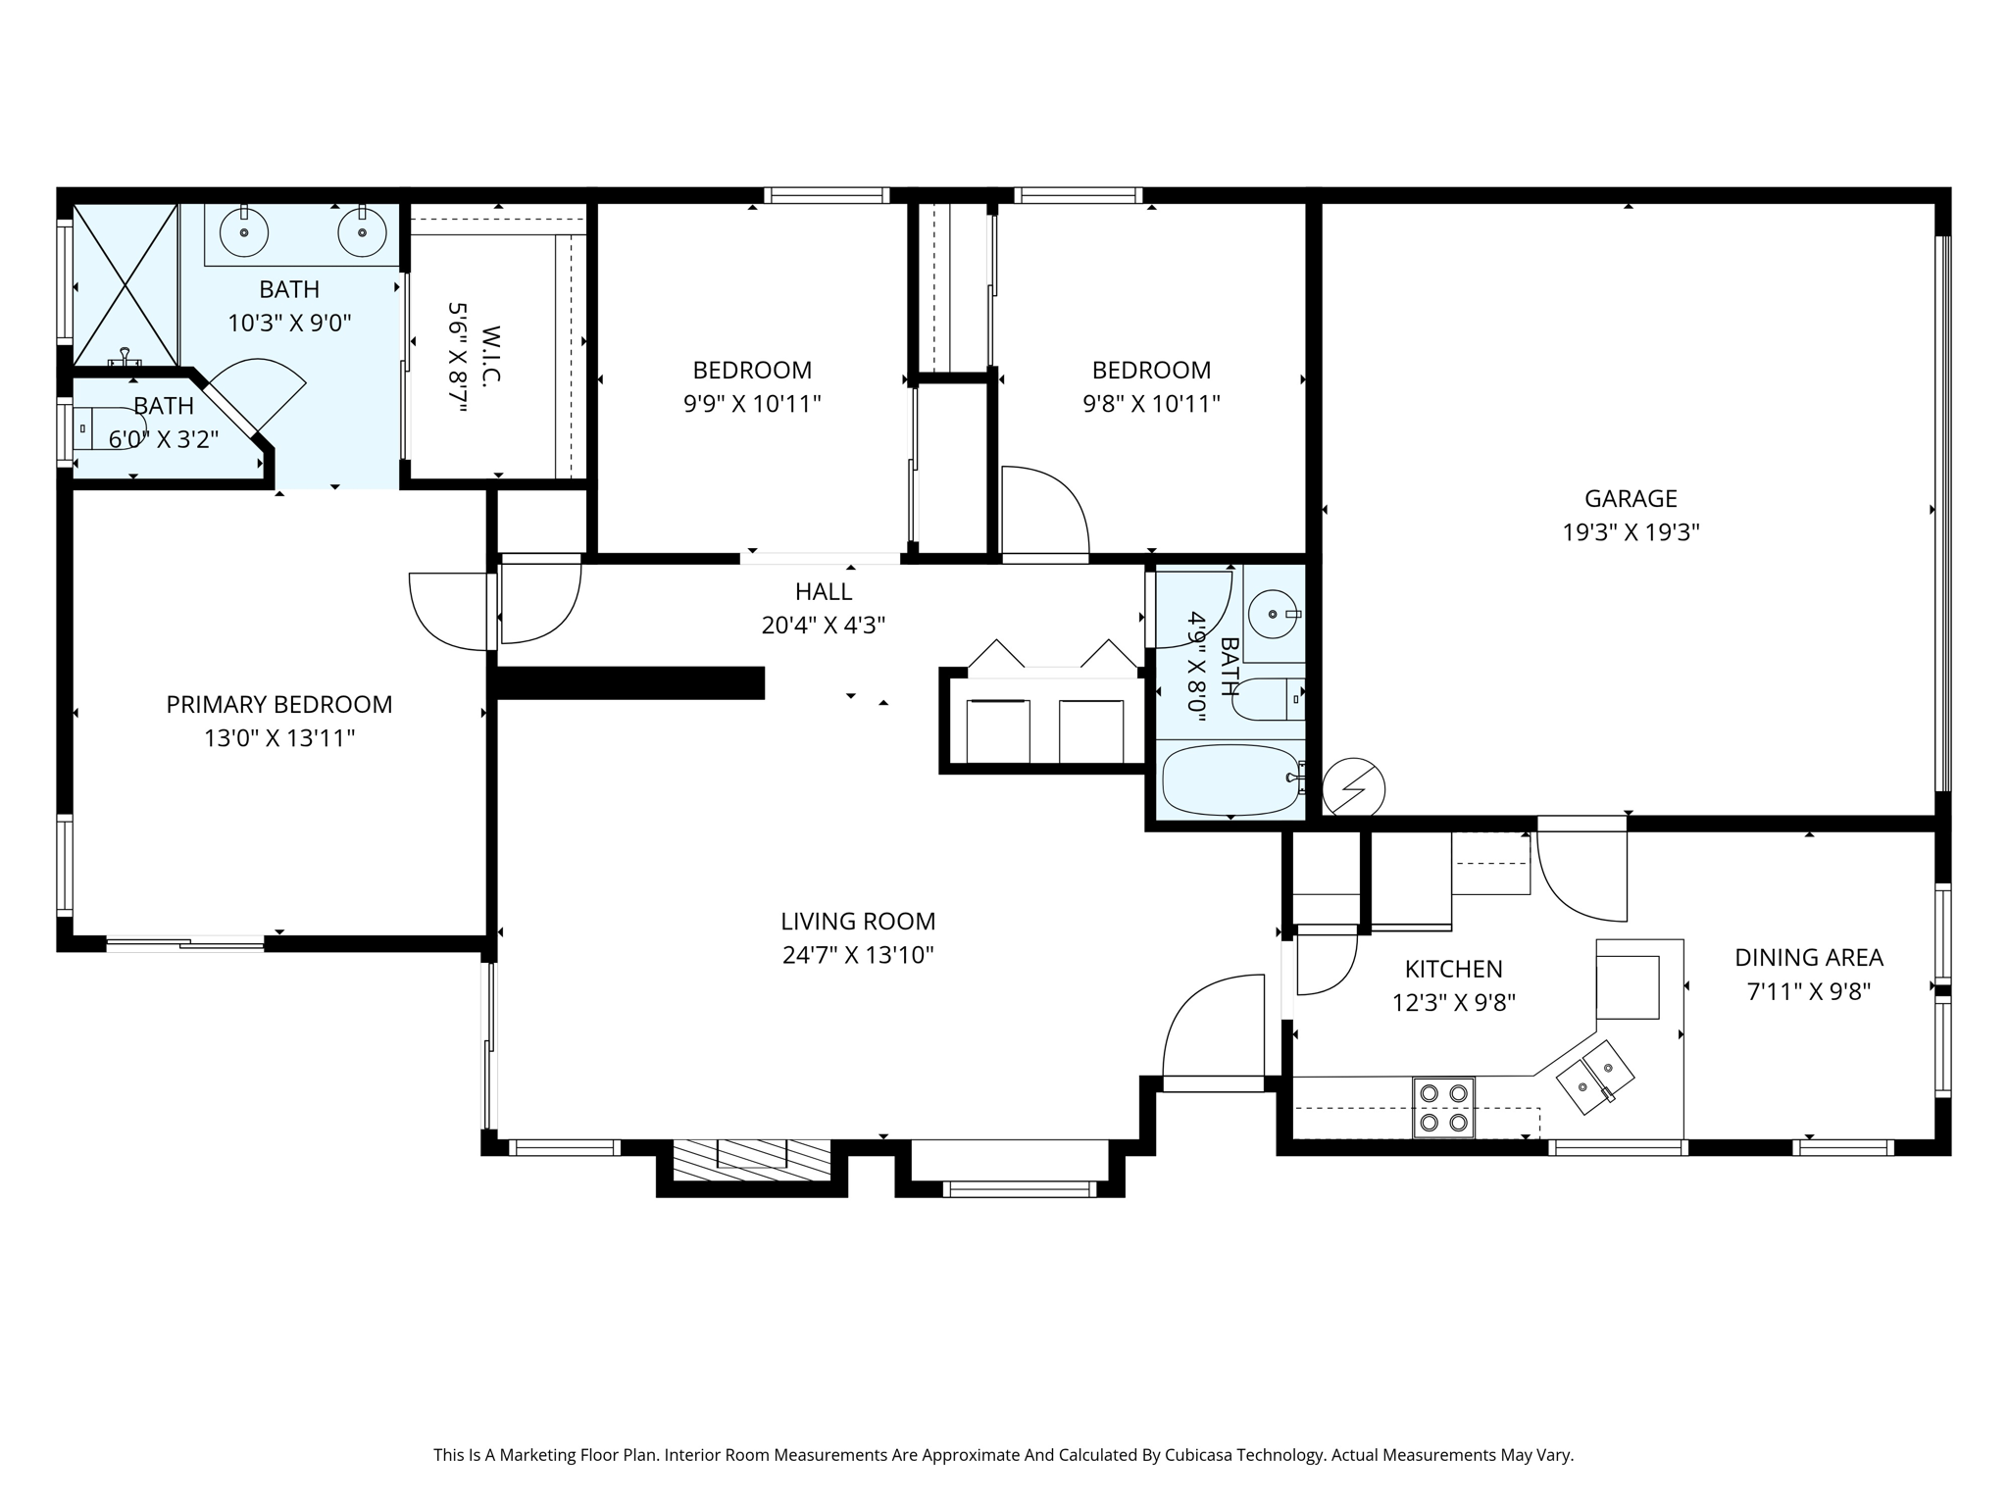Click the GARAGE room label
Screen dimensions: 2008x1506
(x=1631, y=499)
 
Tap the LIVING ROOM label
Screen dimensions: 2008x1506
(x=858, y=922)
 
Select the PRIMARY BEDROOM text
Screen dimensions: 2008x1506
(x=279, y=704)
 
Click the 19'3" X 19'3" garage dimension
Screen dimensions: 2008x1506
(x=1631, y=532)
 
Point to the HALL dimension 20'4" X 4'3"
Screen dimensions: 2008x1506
(x=824, y=625)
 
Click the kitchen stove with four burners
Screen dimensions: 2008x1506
(x=1443, y=1108)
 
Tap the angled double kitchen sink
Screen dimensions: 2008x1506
(x=1595, y=1078)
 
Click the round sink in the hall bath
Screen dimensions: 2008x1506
(x=1274, y=615)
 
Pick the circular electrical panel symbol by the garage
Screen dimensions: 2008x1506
(x=1354, y=788)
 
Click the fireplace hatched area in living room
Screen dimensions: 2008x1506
(x=751, y=1160)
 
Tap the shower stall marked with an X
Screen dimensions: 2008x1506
(x=125, y=285)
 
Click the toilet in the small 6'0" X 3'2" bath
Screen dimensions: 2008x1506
(x=108, y=428)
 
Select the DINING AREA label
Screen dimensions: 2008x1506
(x=1809, y=958)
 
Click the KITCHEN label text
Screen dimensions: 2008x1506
(x=1453, y=970)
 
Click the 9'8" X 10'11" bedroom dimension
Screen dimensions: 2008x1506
(x=1151, y=403)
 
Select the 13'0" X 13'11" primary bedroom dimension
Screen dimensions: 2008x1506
(x=279, y=737)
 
